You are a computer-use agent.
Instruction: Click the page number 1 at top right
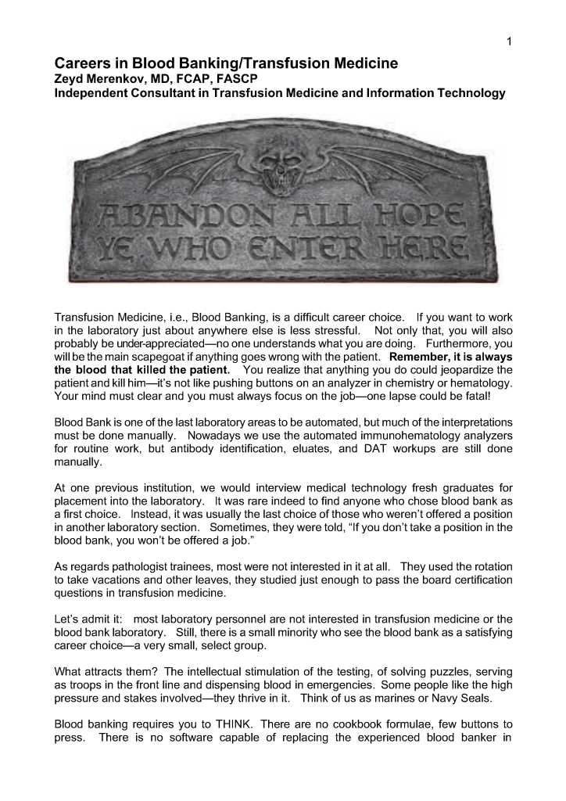point(509,41)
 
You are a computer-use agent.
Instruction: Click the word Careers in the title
point(83,62)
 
